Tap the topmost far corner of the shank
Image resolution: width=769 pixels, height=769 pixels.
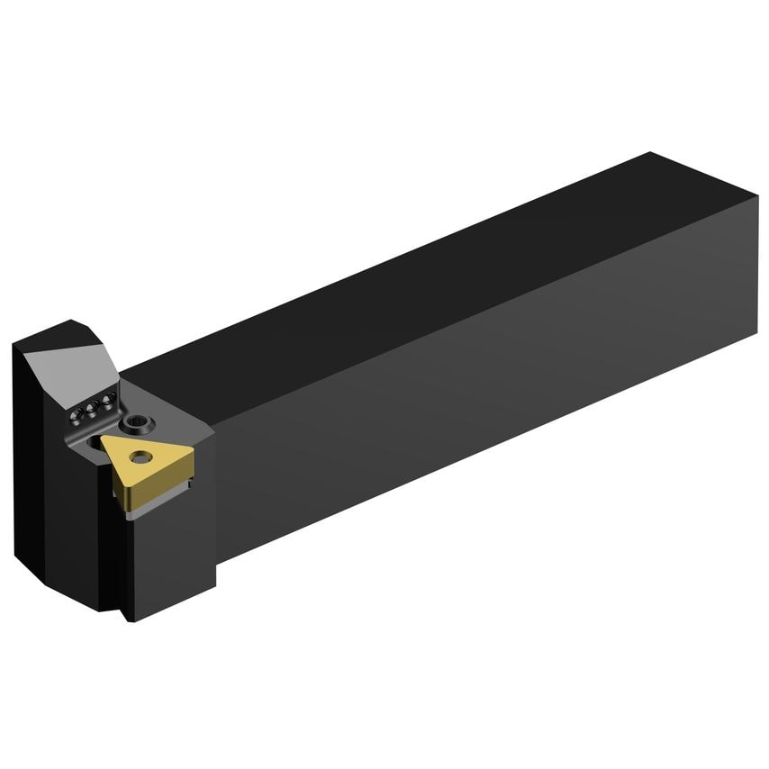[x=650, y=153]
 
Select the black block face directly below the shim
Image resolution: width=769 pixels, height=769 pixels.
[x=171, y=558]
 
